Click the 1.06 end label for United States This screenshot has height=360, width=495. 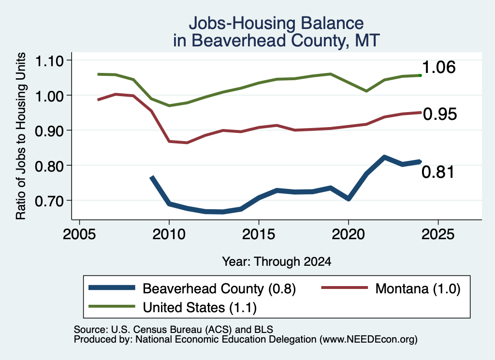tap(438, 67)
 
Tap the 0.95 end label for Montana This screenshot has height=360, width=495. tap(440, 114)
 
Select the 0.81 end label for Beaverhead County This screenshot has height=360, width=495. tap(438, 172)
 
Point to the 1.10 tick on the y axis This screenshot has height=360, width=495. tap(49, 60)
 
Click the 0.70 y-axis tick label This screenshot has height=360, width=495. tap(49, 201)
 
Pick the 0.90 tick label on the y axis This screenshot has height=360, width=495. tap(49, 130)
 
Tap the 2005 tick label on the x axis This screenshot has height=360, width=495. tap(80, 234)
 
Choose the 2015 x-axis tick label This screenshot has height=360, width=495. tap(259, 234)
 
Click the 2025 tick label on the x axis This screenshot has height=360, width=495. tap(438, 234)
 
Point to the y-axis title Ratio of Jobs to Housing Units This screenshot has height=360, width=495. tap(20, 136)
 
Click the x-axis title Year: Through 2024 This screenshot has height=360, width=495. tap(277, 261)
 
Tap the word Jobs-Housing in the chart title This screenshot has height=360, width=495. tap(241, 23)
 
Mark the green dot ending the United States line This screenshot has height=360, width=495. tap(420, 75)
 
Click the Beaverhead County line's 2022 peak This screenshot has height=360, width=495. tap(384, 157)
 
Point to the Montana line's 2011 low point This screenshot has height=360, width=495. tap(187, 143)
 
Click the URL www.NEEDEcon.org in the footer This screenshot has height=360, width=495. tap(368, 340)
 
